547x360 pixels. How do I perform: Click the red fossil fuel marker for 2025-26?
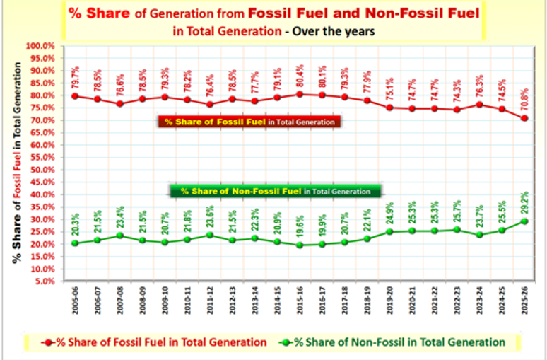click(524, 118)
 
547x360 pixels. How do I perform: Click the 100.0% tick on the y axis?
click(41, 46)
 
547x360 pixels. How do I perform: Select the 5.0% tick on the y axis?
click(44, 281)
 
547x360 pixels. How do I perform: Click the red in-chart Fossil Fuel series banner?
click(249, 122)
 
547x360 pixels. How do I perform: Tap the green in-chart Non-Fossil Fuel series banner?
click(275, 191)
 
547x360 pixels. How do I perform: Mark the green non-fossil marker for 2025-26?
click(524, 221)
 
